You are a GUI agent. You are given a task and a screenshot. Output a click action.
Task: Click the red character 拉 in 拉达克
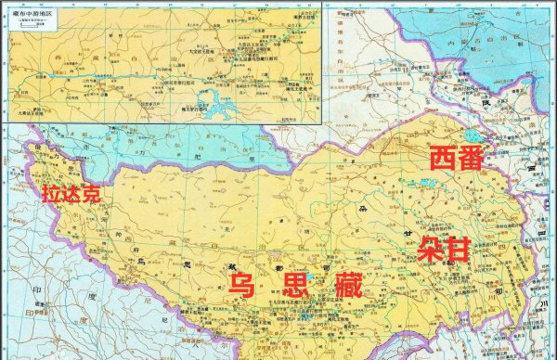coord(50,194)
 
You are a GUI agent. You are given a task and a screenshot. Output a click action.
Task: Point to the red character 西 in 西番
coord(444,158)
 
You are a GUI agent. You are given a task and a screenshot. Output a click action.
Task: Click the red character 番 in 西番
coord(471,158)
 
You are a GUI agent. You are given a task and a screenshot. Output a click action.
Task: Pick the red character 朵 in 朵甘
coord(430,249)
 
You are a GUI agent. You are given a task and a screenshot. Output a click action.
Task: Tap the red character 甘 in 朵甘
coord(458,249)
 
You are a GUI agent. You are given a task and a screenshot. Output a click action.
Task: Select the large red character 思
coord(294,286)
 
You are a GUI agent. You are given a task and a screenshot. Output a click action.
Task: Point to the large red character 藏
coord(349,286)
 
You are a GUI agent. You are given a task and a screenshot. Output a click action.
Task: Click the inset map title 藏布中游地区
coord(27,16)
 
